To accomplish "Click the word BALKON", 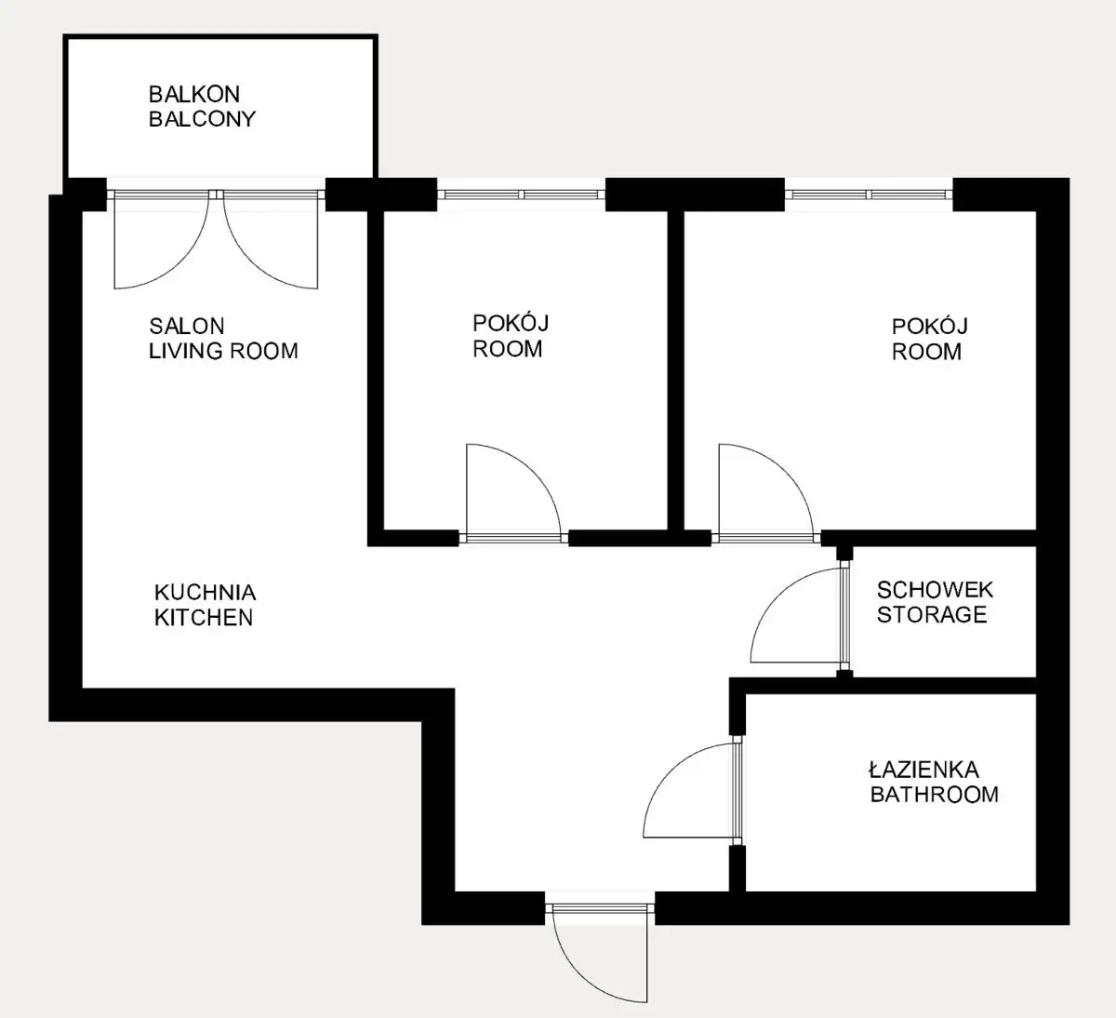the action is tap(194, 94).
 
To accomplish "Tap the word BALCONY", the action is tap(202, 118).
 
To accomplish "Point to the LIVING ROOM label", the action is tap(223, 351).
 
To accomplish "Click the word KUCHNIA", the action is tap(206, 592).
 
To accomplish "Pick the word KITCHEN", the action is tap(204, 617).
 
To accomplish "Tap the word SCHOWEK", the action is tap(936, 589).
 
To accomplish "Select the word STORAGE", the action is tap(932, 614).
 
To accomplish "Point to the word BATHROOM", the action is tap(934, 794).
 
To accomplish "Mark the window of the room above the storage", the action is tap(869, 194).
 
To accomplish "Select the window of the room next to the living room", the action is tap(521, 194).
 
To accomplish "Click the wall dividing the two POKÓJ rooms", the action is tap(675, 370).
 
